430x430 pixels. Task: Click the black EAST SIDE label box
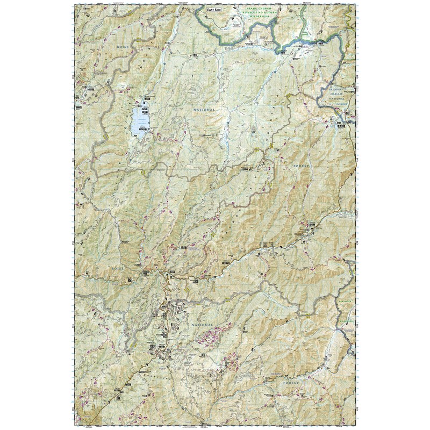coord(213,9)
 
